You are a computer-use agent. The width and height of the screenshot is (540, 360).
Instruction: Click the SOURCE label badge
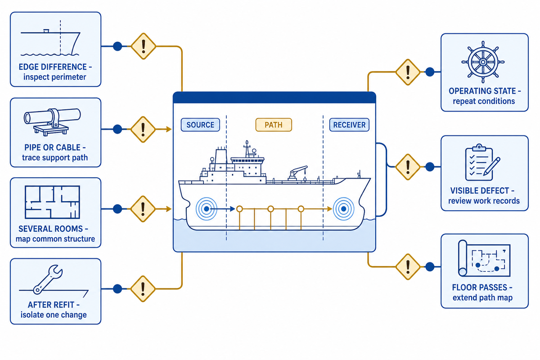[200, 125]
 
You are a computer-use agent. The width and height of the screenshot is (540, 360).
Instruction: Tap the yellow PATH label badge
[274, 125]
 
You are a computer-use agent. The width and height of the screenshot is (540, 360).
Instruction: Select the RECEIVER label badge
[349, 125]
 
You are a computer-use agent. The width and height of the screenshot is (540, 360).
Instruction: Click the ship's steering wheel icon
[483, 62]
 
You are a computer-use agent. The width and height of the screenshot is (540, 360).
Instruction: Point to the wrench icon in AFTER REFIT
[48, 279]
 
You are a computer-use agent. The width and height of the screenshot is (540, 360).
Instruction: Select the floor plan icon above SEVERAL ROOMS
[52, 202]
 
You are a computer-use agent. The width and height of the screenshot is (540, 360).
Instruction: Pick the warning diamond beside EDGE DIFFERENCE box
[144, 46]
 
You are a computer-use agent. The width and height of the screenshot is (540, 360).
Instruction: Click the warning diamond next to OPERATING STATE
[408, 72]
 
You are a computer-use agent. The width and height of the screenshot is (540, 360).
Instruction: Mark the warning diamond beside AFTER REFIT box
[143, 288]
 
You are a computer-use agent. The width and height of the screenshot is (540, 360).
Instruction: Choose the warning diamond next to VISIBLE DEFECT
[408, 167]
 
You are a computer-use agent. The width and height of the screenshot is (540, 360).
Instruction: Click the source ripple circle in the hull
[207, 209]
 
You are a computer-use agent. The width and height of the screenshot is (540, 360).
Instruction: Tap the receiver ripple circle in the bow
[343, 209]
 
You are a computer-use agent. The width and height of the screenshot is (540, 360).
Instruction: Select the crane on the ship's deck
[298, 173]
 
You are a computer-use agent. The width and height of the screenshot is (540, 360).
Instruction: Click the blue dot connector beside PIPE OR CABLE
[117, 129]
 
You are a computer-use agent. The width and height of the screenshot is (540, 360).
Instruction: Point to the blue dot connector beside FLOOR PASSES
[430, 267]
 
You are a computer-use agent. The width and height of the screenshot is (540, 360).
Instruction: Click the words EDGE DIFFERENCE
[53, 67]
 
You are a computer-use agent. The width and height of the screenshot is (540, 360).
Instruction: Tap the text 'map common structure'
[55, 239]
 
